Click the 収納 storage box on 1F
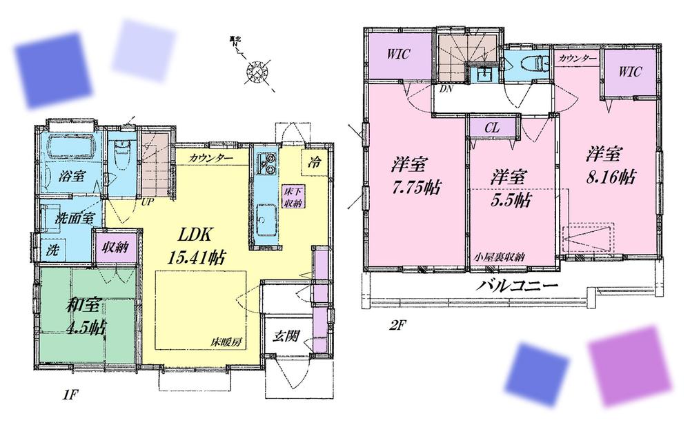coord(118,247)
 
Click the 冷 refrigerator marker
coord(314,165)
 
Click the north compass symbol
coord(259,69)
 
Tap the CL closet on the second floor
coord(491,128)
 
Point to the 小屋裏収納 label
coord(499,257)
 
